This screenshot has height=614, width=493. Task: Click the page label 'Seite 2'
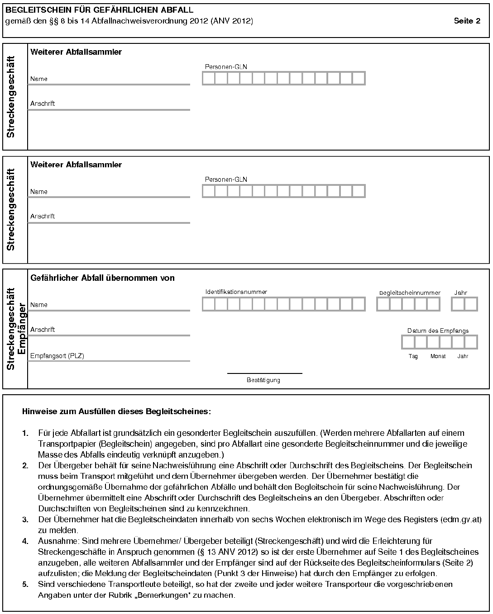point(467,21)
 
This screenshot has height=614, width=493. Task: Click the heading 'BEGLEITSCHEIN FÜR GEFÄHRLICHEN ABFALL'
point(99,10)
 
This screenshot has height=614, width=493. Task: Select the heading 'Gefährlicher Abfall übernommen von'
point(102,278)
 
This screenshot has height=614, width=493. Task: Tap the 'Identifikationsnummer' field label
point(236,292)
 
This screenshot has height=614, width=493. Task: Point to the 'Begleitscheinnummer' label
point(409,293)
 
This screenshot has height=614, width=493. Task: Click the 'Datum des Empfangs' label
point(438,331)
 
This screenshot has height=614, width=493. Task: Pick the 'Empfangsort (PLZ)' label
point(57,356)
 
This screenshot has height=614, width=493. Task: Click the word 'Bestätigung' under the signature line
point(263,380)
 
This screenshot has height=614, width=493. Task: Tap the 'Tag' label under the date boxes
point(413,356)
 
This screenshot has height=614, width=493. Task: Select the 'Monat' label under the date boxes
point(438,356)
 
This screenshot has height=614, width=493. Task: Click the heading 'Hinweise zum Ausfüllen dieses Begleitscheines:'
point(116,412)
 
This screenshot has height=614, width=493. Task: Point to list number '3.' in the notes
point(25,520)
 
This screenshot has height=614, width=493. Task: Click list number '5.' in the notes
point(25,585)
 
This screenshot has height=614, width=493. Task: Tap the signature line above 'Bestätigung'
point(264,373)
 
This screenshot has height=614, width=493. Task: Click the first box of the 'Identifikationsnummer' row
point(208,304)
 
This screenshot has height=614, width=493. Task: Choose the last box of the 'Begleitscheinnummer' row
point(433,304)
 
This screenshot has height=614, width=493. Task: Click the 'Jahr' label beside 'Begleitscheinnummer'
point(460,293)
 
